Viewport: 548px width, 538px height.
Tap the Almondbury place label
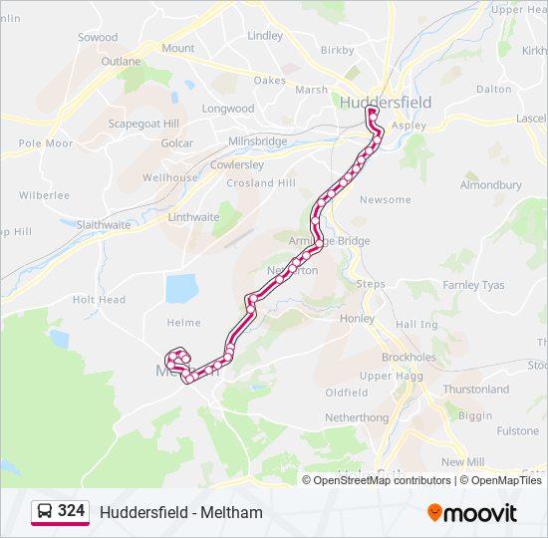coord(490,185)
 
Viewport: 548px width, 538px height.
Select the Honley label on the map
coord(358,319)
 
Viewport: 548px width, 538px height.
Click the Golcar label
coord(176,143)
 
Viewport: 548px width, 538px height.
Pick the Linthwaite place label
coord(193,217)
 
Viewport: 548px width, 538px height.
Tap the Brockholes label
coord(409,357)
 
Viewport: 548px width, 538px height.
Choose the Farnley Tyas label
coord(473,286)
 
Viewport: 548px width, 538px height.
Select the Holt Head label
coord(99,300)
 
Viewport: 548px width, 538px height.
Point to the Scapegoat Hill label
coord(143,124)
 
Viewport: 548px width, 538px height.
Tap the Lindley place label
coord(265,36)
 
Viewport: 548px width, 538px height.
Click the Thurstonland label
coord(475,390)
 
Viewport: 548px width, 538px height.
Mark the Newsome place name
coord(385,200)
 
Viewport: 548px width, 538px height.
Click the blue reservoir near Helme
coord(182,288)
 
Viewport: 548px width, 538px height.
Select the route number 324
coord(71,511)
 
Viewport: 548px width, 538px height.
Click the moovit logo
coord(472,513)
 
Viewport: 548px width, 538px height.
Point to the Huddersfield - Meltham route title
coord(181,513)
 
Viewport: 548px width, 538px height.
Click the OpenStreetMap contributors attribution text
coord(382,480)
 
